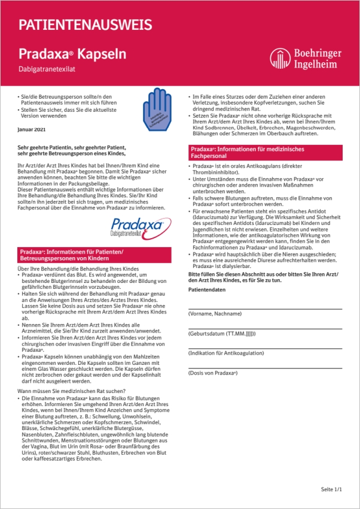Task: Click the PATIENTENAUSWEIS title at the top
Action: point(85,25)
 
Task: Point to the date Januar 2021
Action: point(32,130)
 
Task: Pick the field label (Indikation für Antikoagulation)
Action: point(226,353)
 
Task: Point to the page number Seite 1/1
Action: point(331,489)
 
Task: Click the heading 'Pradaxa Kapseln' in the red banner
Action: point(72,54)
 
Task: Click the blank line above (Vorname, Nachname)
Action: point(264,307)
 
